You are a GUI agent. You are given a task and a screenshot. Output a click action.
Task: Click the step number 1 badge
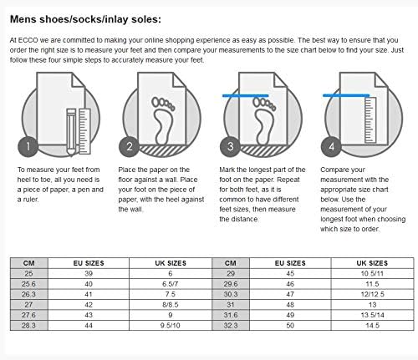28,148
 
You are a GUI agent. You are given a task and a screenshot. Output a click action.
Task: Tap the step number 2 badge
130,148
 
